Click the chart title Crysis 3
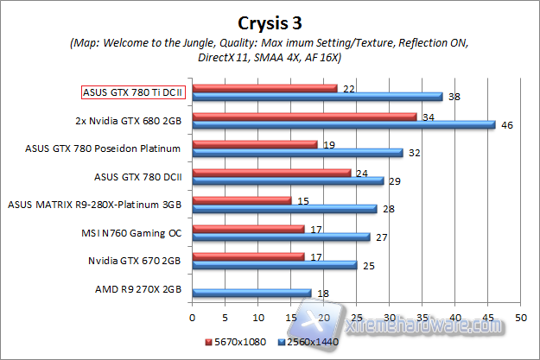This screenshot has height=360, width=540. [270, 19]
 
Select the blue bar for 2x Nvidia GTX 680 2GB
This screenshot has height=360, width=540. [344, 124]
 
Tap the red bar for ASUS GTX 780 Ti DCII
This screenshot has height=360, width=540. [264, 88]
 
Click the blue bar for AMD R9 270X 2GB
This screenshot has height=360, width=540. [251, 294]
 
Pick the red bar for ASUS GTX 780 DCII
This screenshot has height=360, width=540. [271, 173]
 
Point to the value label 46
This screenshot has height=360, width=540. [507, 125]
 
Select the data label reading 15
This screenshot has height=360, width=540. [303, 200]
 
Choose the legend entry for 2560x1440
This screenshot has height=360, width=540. [310, 342]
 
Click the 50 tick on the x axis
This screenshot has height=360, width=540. [520, 319]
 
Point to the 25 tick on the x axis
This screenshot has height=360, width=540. [356, 319]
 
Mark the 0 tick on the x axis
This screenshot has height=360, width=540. [192, 319]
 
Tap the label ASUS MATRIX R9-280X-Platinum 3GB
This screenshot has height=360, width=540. [96, 205]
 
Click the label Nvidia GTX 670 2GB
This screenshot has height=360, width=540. [134, 262]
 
